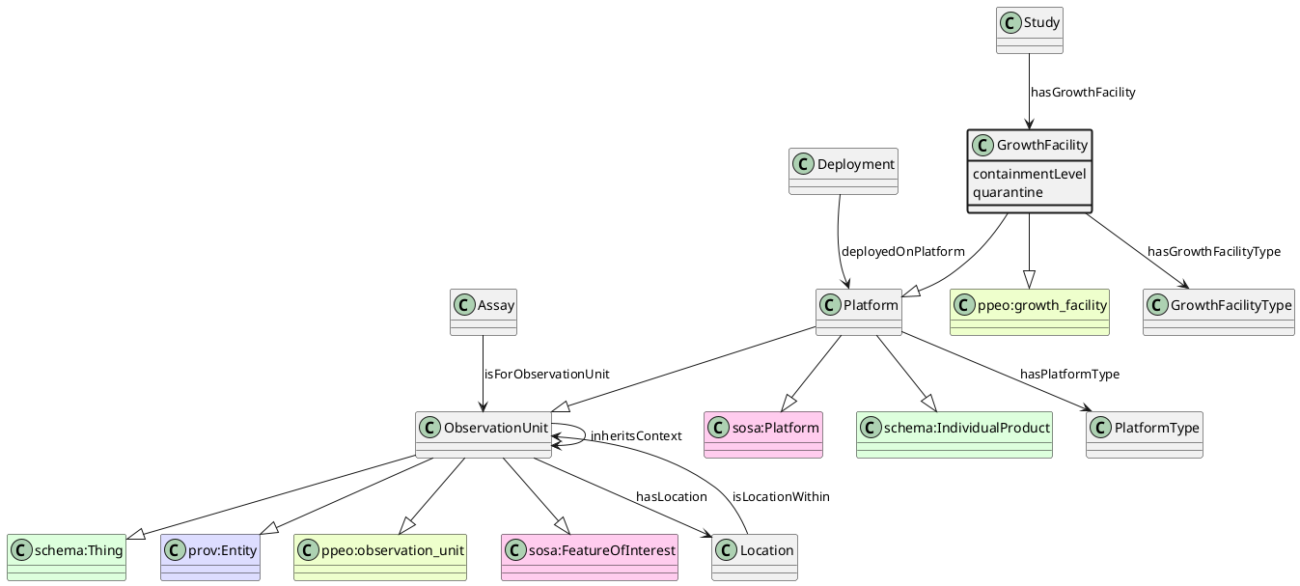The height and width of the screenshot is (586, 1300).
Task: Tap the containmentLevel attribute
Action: [x=1029, y=174]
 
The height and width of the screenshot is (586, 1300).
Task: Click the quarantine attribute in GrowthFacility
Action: [x=1008, y=192]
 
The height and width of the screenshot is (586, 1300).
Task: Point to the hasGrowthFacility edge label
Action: [x=1083, y=93]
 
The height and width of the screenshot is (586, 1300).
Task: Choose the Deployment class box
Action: [x=843, y=171]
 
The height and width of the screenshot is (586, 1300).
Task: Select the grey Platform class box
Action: [x=858, y=312]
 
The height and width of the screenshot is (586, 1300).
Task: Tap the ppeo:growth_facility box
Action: [x=1029, y=312]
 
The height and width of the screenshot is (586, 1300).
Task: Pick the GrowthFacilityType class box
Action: [x=1218, y=312]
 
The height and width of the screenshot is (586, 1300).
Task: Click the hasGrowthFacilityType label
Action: [x=1213, y=252]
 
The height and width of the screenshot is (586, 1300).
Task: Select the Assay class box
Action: [x=483, y=312]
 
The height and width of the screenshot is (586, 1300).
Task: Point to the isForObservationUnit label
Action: [x=546, y=375]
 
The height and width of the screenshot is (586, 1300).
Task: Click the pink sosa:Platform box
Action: [x=764, y=434]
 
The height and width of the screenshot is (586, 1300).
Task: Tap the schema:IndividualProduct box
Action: [x=954, y=434]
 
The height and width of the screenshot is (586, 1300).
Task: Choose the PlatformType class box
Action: [x=1144, y=434]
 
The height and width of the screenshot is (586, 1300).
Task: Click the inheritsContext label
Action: [x=635, y=436]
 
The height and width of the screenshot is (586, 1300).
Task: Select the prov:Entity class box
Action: [x=209, y=557]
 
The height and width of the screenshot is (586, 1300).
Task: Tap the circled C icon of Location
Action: [x=728, y=550]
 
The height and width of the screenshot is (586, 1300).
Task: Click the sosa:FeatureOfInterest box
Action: [x=589, y=557]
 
